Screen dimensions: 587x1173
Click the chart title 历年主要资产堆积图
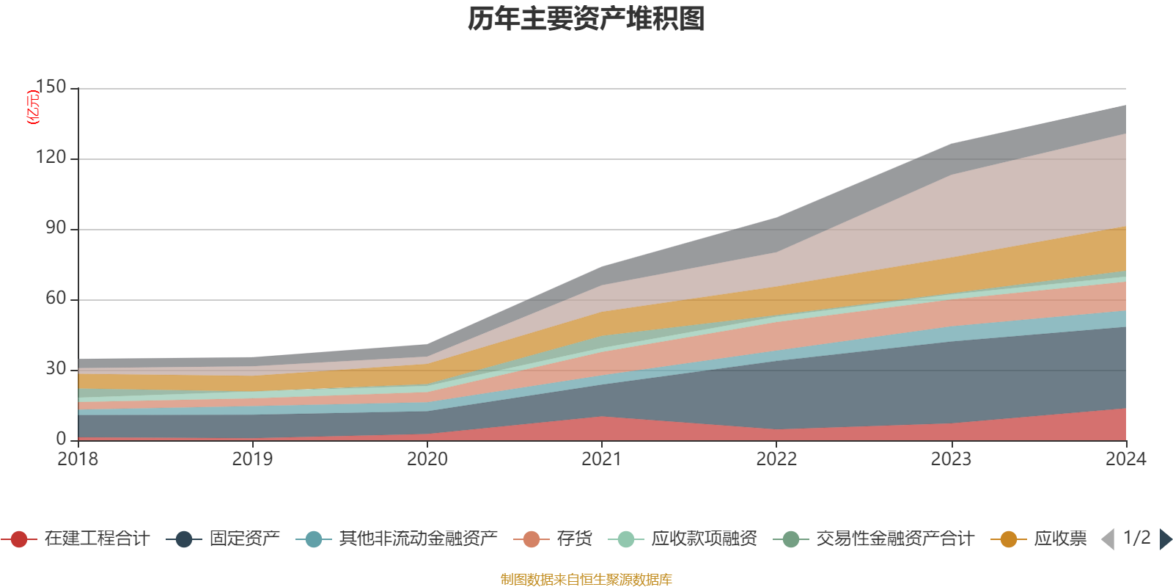(586, 19)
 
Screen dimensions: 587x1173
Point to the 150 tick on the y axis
(51, 87)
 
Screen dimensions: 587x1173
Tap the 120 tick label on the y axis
(51, 158)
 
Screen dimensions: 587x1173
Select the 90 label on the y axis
(56, 228)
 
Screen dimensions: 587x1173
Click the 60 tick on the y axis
(56, 299)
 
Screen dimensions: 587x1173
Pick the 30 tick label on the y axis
(56, 369)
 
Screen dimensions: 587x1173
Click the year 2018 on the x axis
(78, 459)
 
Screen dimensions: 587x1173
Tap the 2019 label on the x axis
(252, 459)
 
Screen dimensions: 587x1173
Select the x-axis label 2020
(427, 459)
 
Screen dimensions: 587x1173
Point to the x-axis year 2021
(602, 459)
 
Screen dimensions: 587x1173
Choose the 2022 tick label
(776, 459)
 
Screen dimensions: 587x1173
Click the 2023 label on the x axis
(951, 459)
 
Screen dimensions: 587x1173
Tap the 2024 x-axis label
(1125, 459)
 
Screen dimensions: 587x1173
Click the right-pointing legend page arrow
(1165, 539)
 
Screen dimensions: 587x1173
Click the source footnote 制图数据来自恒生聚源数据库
(586, 580)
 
